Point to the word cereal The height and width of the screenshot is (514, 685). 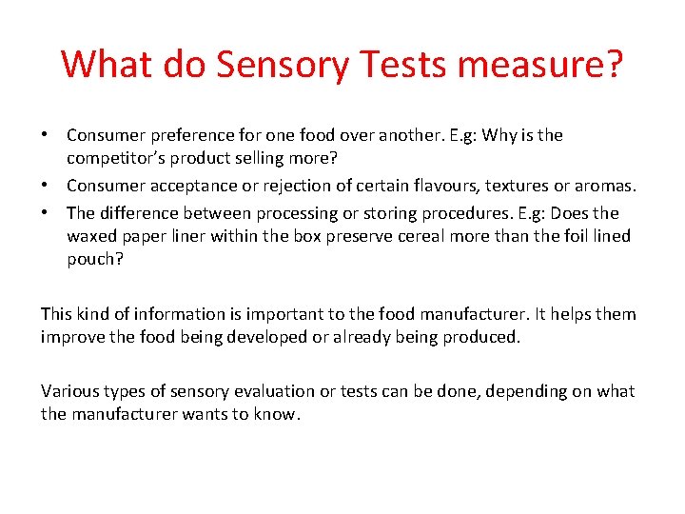[399, 236]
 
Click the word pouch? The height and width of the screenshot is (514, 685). [95, 259]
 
